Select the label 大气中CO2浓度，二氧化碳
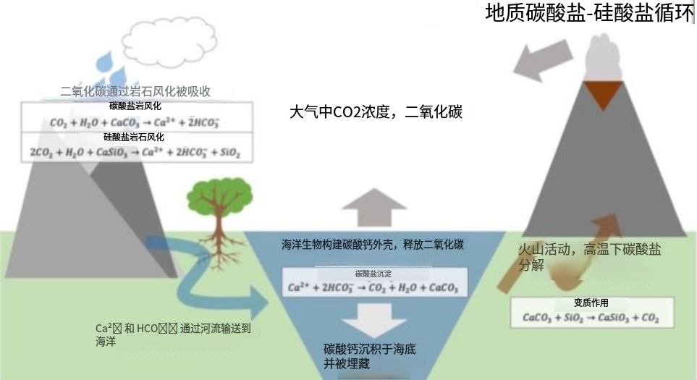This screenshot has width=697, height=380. pos(375,113)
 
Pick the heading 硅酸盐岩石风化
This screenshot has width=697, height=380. pos(135,137)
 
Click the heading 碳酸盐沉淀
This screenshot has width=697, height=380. pos(373,274)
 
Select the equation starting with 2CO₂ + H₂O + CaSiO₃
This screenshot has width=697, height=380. pos(135,153)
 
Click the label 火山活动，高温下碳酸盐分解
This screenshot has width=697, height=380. pos(589,257)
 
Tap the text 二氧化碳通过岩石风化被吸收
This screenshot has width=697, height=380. pos(135,91)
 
